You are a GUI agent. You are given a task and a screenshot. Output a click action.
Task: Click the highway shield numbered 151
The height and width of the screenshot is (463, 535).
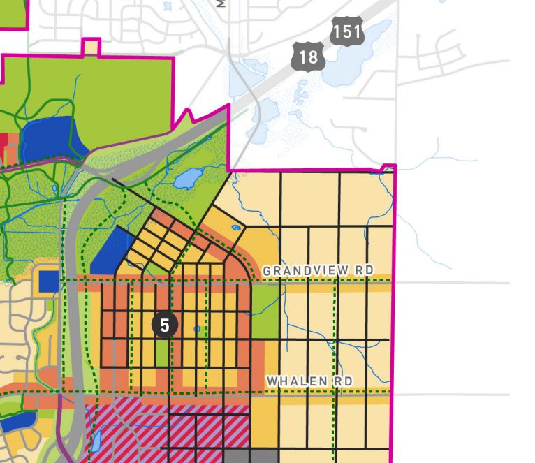[348, 32]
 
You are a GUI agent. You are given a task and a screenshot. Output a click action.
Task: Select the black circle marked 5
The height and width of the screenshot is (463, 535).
[165, 325]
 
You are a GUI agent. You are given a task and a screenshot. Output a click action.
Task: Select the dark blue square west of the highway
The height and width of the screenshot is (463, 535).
[49, 281]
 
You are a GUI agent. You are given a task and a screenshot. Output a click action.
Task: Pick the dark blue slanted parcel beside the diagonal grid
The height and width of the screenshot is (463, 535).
[112, 250]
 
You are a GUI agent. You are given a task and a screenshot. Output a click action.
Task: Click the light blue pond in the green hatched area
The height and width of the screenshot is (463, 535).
[186, 179]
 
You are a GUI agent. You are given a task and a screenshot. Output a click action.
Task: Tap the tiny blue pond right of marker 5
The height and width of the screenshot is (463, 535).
[198, 328]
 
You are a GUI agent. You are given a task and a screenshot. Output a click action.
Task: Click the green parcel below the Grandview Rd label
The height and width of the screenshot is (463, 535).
[265, 308]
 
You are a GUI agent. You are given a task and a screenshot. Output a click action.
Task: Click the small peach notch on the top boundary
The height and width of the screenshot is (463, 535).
[91, 47]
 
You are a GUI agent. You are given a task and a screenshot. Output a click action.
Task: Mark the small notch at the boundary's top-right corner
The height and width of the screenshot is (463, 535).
[389, 168]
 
